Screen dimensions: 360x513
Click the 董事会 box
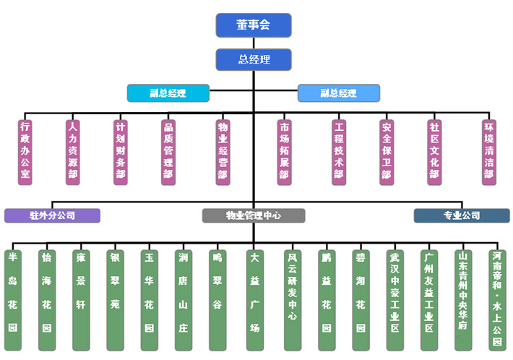coord(253,25)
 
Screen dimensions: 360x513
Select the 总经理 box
coord(253,59)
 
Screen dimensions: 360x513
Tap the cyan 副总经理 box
coord(168,93)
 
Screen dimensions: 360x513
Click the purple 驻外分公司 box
coord(51,215)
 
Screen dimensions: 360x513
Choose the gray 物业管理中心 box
coord(253,215)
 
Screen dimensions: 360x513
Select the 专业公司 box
coord(461,215)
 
